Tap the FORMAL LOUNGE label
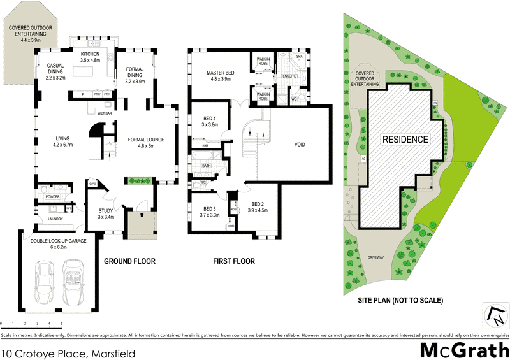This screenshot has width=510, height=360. [143, 142]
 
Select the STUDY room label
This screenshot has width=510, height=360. [106, 213]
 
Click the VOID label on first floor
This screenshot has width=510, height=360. [299, 145]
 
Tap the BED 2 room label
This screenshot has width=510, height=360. [258, 206]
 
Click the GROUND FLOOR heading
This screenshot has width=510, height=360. [129, 261]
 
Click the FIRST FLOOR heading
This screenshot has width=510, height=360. [234, 261]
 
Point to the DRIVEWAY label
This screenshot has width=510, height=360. [376, 257]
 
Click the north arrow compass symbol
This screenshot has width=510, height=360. [493, 314]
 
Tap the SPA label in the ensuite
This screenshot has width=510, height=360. [299, 57]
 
